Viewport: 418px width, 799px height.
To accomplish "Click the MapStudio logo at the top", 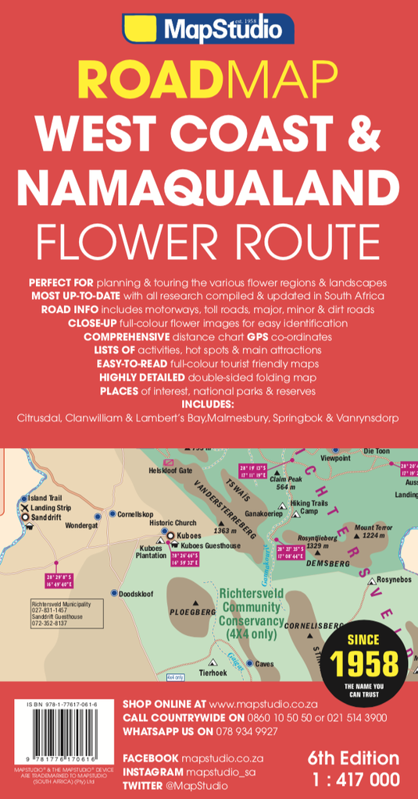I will coord(209,30).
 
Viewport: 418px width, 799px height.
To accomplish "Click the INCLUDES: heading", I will coord(208,404).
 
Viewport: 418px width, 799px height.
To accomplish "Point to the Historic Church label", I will coord(173,523).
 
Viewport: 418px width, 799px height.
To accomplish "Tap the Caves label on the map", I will coord(265,664).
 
